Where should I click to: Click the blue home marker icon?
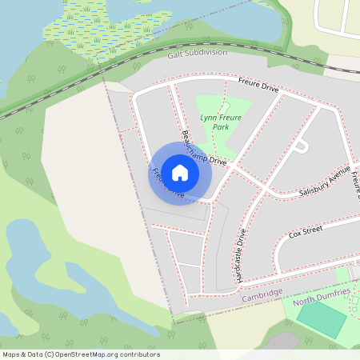coord(180,172)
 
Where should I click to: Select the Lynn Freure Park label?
coord(221,122)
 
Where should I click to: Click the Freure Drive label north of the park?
coord(258,86)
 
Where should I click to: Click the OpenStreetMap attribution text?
coord(81,354)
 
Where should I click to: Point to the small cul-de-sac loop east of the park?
coord(301,146)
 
